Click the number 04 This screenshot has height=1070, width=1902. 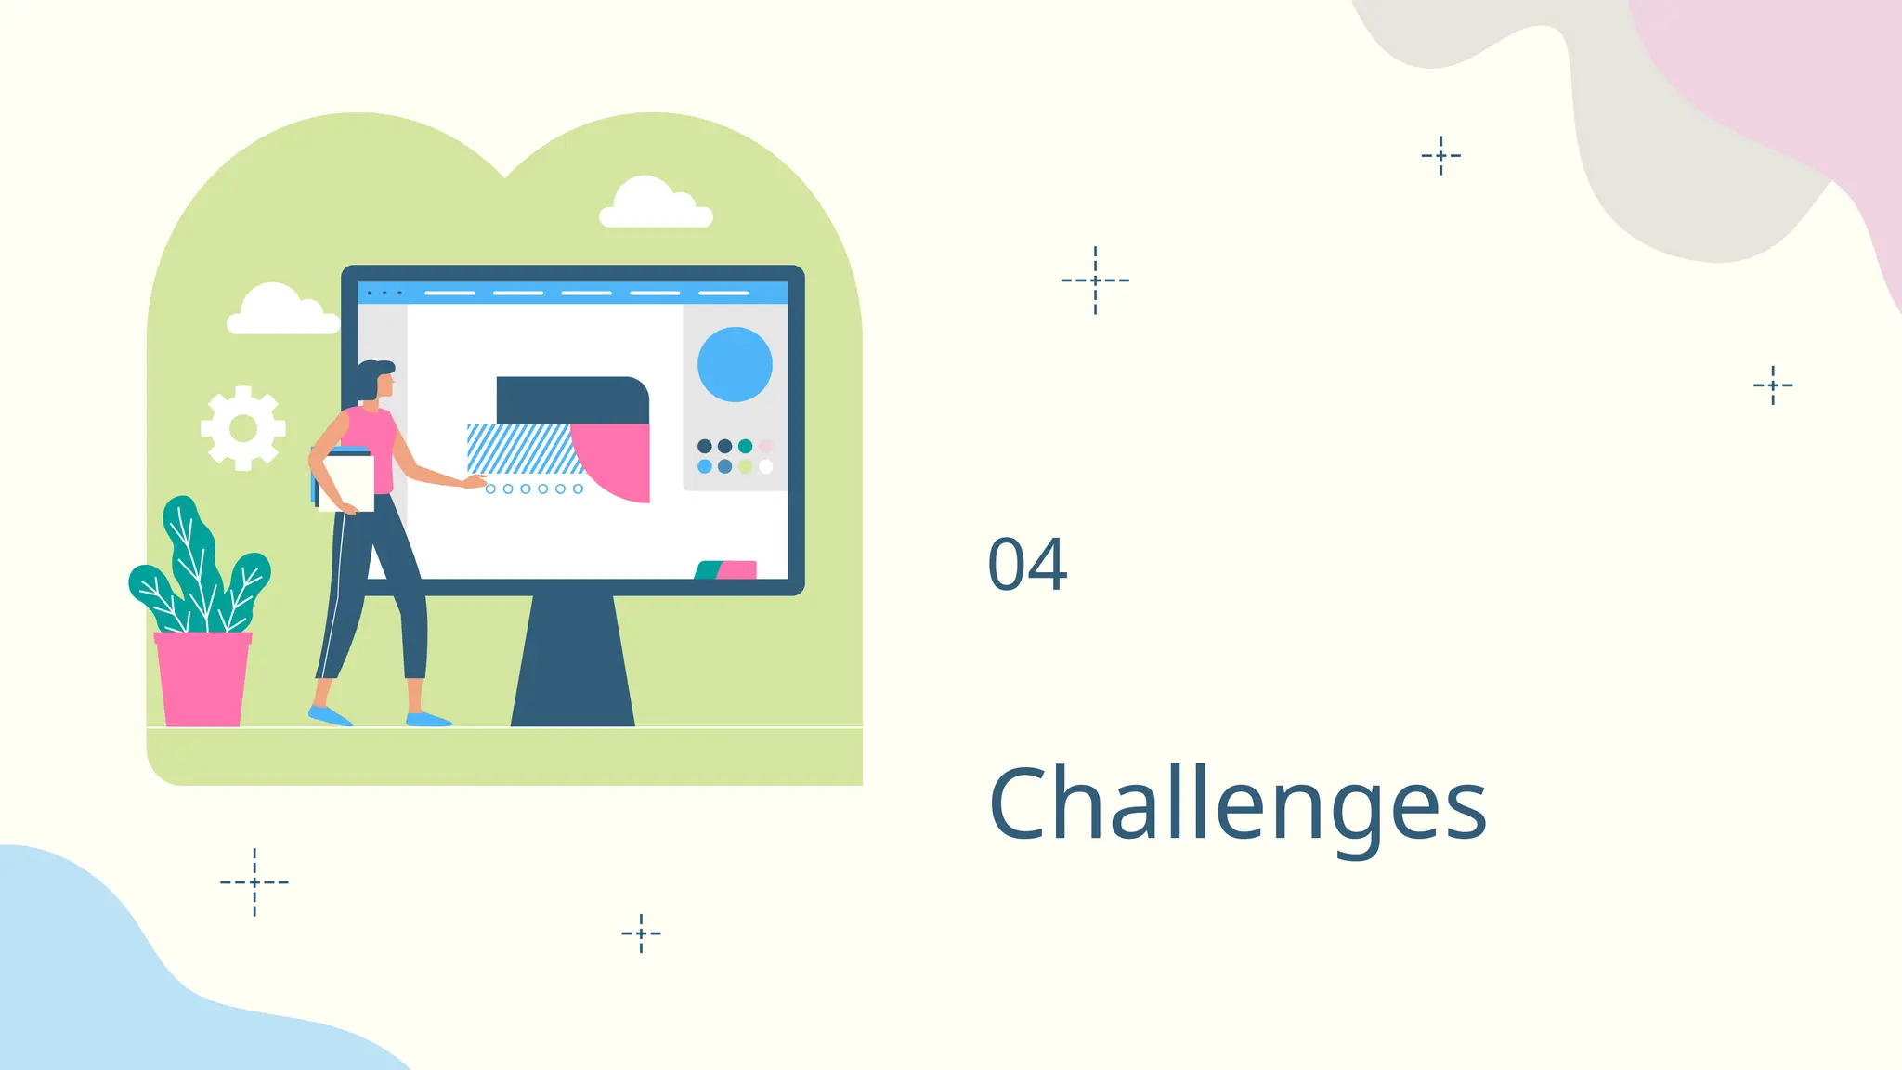point(1027,564)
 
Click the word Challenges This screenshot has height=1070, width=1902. point(1237,803)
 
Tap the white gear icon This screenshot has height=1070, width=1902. point(243,428)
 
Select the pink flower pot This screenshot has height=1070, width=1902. point(202,679)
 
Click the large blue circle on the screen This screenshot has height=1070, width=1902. point(735,364)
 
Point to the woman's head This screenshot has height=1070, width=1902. point(377,380)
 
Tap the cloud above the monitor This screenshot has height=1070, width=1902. point(654,205)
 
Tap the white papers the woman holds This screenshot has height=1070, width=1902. point(347,481)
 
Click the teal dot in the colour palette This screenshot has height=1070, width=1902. point(745,447)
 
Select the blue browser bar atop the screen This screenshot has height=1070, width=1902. point(572,293)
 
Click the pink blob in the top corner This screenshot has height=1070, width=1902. point(1792,84)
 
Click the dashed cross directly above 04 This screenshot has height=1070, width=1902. point(1095,280)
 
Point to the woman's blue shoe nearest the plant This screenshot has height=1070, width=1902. point(329,715)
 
